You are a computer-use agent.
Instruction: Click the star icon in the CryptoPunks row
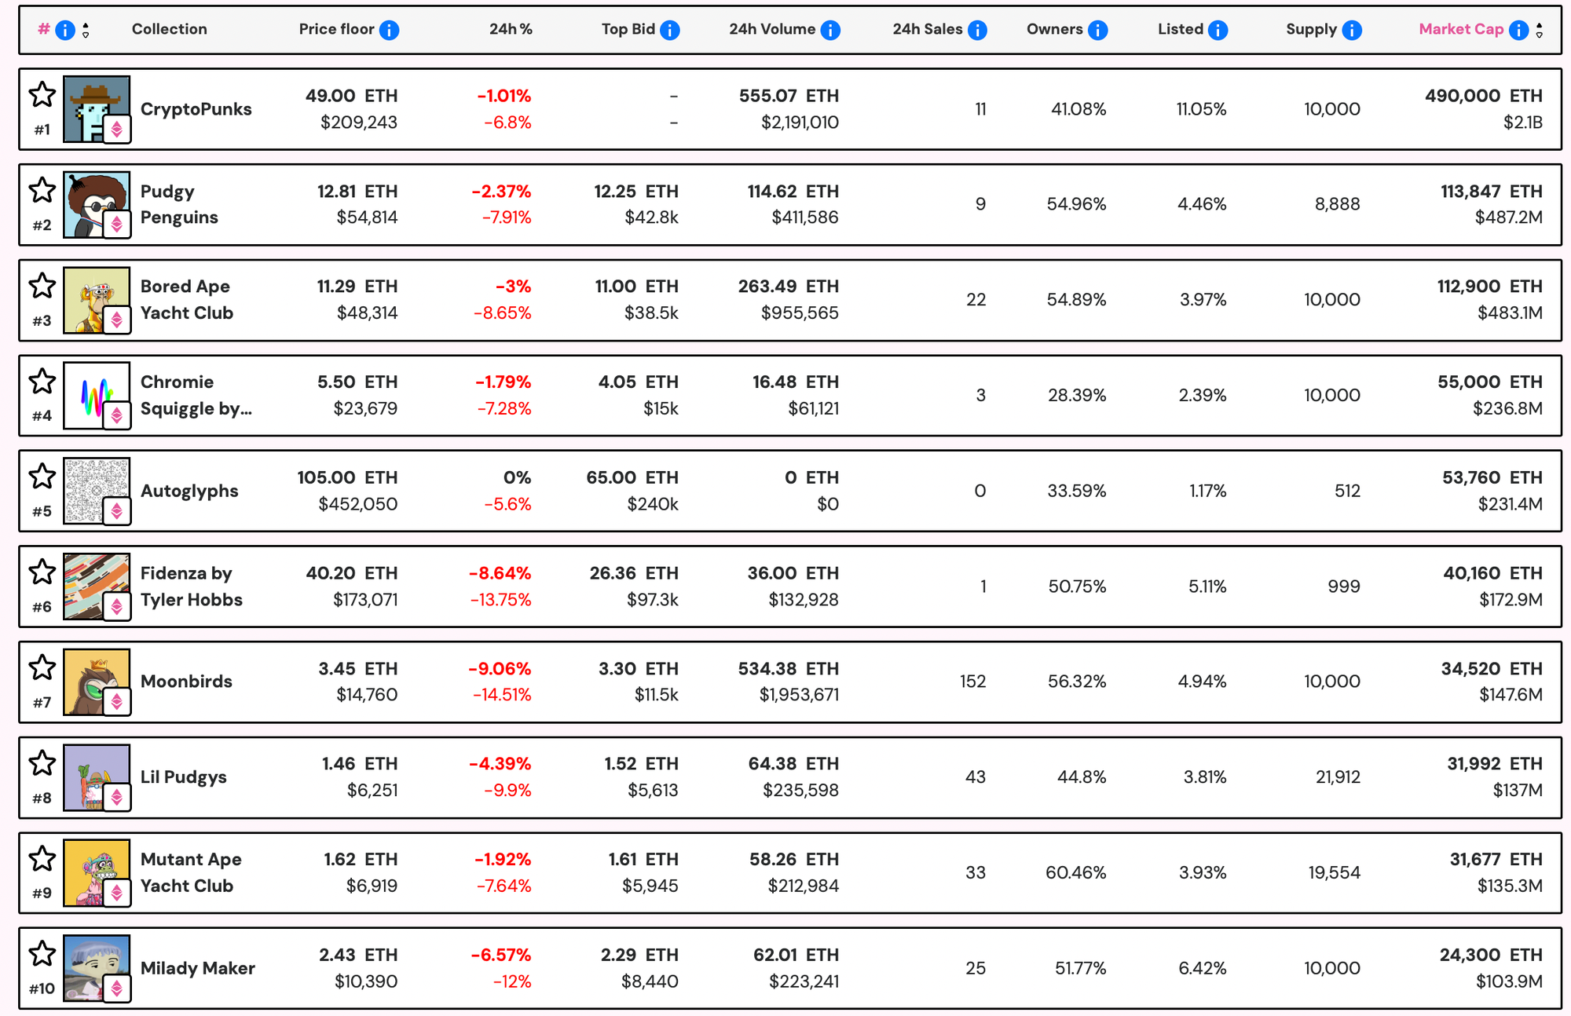click(x=42, y=95)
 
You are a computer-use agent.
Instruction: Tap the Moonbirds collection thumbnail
click(x=96, y=682)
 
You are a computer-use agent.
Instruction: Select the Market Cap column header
click(x=1460, y=29)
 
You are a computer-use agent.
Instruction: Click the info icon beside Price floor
click(x=389, y=30)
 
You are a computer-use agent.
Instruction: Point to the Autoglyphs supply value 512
click(x=1347, y=491)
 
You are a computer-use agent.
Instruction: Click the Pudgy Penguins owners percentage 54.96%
click(x=1075, y=204)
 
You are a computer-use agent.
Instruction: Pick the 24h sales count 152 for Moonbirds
click(x=972, y=682)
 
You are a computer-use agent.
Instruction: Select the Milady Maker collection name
click(x=197, y=968)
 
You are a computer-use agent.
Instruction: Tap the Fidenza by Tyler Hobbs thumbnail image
click(x=96, y=586)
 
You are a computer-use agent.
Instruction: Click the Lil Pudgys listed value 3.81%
click(x=1204, y=777)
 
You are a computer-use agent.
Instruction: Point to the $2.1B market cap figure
click(x=1522, y=122)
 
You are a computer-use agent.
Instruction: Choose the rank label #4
click(x=42, y=416)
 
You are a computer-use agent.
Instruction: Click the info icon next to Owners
click(x=1097, y=30)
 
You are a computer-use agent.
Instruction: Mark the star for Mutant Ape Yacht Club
click(x=42, y=859)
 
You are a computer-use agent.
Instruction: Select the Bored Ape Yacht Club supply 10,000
click(x=1331, y=300)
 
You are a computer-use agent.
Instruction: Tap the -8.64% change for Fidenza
click(x=500, y=573)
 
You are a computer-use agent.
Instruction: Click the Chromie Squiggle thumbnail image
click(x=96, y=395)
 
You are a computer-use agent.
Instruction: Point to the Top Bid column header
click(x=628, y=29)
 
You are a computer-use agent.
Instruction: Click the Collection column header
click(x=169, y=29)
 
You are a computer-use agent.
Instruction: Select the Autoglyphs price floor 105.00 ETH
click(x=347, y=477)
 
